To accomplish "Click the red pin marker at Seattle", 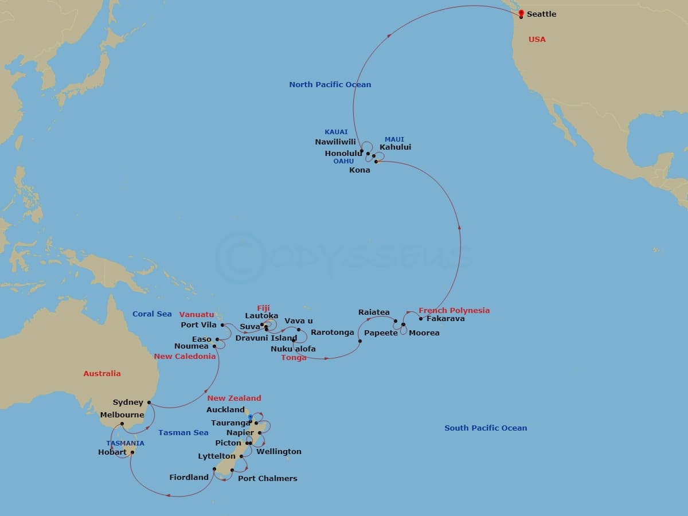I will point(521,13).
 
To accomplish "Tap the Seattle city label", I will point(541,14).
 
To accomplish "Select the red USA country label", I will point(537,40).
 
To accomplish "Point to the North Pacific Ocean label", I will point(330,85).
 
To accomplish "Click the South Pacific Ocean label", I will point(485,428).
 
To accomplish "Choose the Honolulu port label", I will point(343,154).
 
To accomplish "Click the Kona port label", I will point(359,170).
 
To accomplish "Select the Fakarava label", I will point(445,319).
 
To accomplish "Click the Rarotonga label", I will point(333,333).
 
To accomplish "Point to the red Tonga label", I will point(294,358).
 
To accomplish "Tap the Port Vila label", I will point(198,325).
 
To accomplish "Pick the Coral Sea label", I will point(152,314).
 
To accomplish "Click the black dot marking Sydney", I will point(148,402).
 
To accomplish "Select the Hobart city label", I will point(112,452).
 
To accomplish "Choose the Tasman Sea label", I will point(183,433).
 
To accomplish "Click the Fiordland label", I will point(189,478).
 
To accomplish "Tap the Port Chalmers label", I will point(267,479).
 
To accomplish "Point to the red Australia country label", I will point(102,374).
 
